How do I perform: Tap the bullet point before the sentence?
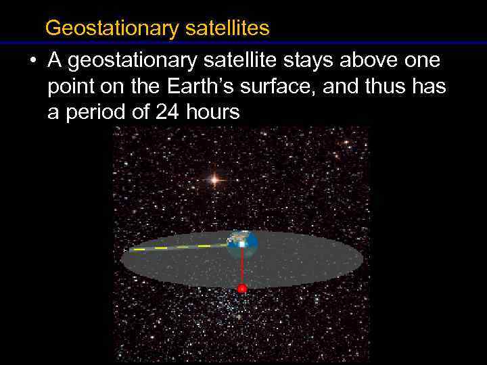tap(32, 62)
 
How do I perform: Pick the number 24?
tap(168, 112)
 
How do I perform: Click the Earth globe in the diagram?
tap(242, 245)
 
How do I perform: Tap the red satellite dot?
tap(242, 289)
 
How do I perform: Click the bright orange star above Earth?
tap(214, 179)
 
